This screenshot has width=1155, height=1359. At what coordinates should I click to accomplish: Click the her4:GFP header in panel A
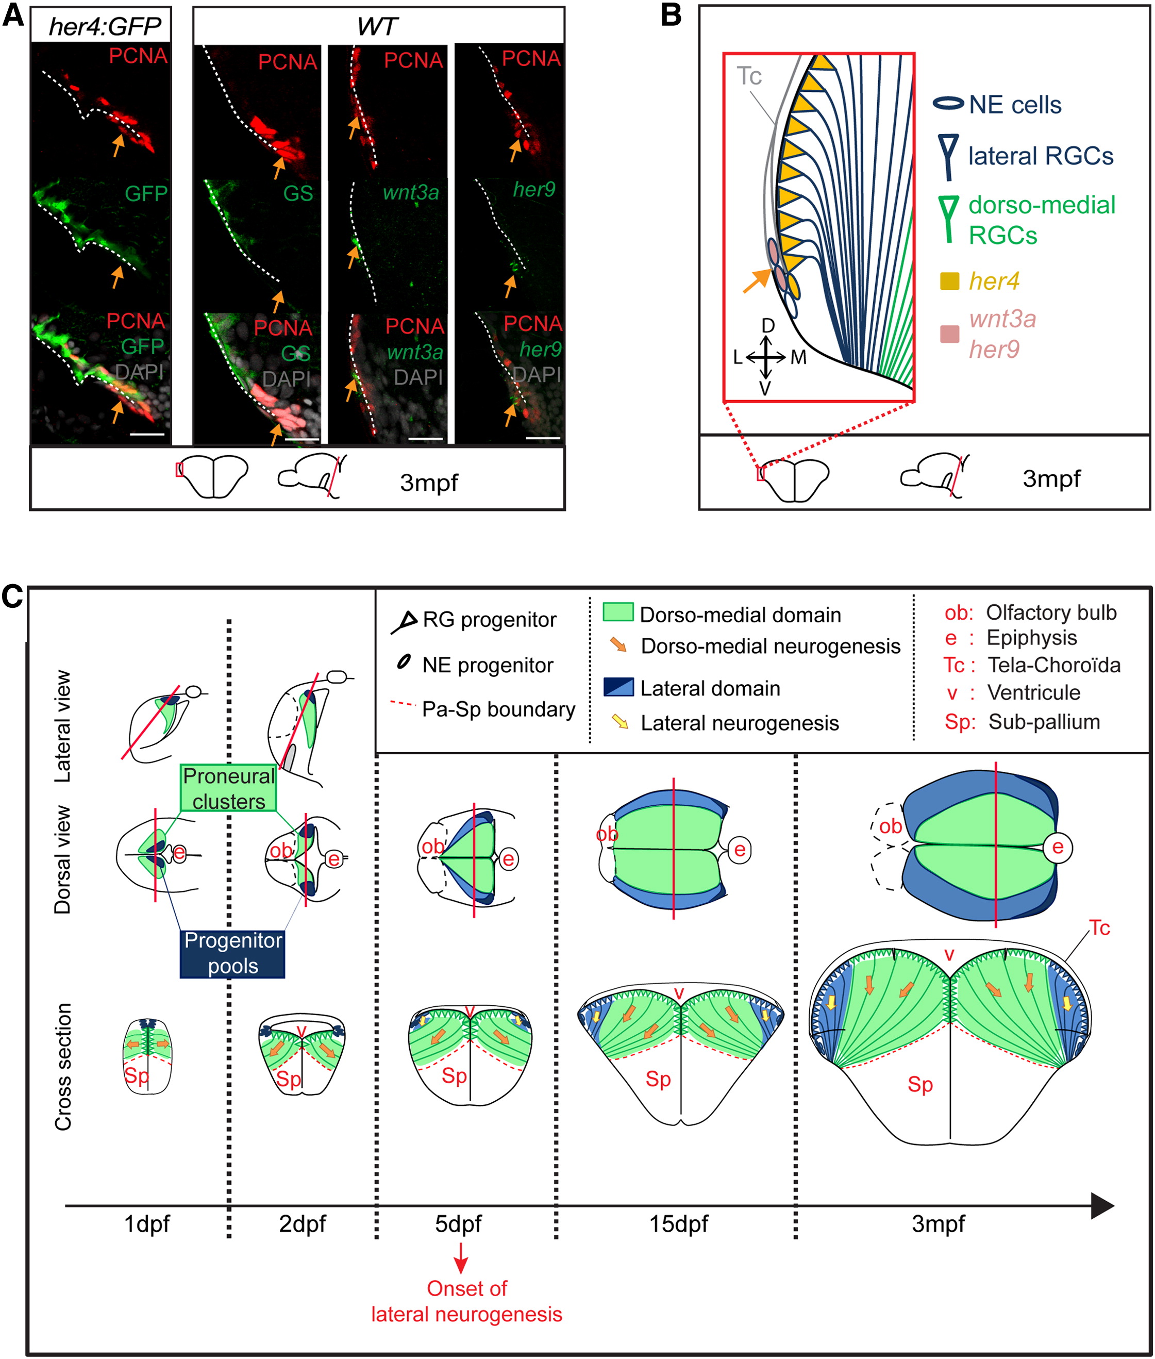pos(105,26)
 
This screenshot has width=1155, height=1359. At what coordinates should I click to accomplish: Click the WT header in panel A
pos(377,27)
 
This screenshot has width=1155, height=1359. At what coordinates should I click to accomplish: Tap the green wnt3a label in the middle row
pos(411,192)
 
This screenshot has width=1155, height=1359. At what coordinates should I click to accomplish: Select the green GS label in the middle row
pos(298,193)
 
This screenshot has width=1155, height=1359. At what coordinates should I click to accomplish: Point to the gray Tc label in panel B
pos(749,76)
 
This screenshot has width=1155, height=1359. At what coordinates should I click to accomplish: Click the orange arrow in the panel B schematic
pos(758,280)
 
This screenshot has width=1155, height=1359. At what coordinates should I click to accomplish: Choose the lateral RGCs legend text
pos(1041,156)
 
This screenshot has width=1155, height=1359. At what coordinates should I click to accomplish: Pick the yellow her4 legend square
pos(949,281)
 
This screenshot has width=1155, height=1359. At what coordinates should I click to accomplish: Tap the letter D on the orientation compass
pos(768,325)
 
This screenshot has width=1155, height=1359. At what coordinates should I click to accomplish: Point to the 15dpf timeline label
pos(678,1223)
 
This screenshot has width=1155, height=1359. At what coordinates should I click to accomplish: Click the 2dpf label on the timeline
pos(302,1223)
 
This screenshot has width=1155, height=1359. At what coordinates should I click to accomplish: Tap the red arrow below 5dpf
pos(461,1257)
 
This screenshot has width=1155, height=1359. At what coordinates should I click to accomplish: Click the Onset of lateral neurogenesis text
pos(466,1301)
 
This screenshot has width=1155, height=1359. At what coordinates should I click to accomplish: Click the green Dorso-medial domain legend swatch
pos(617,612)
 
